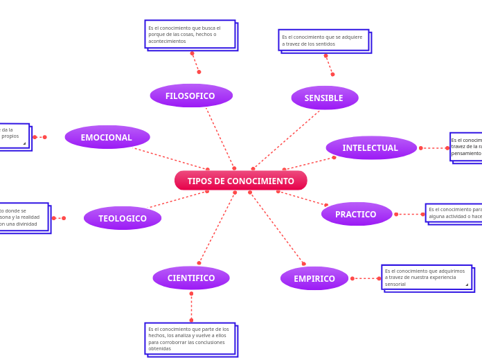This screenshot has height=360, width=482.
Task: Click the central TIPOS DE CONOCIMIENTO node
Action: [240, 181]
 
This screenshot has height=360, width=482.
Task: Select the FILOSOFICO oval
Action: [191, 96]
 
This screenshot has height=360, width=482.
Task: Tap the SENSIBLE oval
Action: [324, 98]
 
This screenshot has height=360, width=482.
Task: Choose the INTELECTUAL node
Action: [371, 147]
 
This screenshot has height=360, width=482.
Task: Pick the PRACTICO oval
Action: [356, 214]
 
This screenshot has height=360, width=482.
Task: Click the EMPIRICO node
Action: [314, 278]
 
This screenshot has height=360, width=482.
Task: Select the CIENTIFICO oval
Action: [191, 278]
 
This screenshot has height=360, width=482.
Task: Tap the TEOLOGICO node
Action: [123, 218]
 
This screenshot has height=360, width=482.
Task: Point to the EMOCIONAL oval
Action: [107, 137]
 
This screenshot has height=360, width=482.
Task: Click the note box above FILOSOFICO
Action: [190, 34]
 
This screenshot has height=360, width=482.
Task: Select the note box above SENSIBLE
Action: [323, 40]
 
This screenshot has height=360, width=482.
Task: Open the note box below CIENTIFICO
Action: [190, 339]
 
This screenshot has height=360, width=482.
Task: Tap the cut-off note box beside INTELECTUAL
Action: [466, 147]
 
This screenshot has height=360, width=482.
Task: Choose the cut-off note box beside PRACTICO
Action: [454, 213]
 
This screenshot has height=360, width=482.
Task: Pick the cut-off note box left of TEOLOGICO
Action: [24, 217]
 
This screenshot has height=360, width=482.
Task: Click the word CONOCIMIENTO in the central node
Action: [262, 181]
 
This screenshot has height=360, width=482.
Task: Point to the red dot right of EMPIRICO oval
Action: [352, 278]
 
